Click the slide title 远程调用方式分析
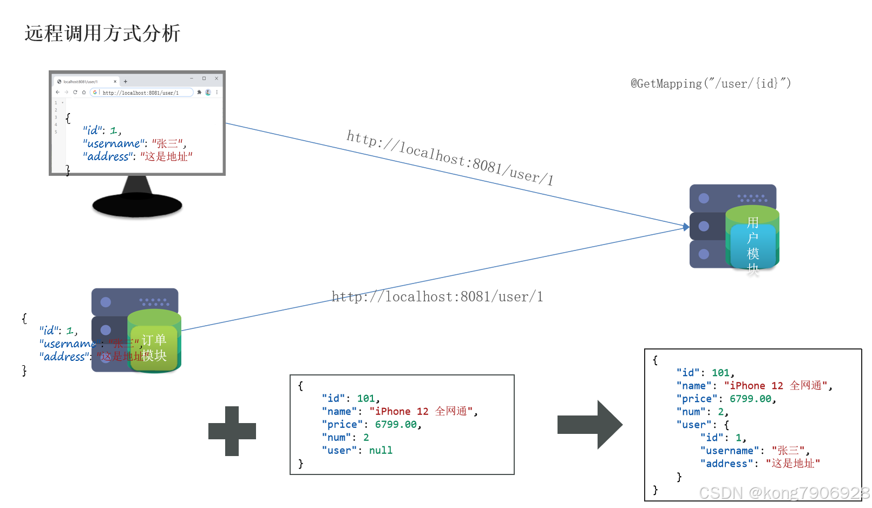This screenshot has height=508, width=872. coord(102,34)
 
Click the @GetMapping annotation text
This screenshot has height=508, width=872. coord(710,83)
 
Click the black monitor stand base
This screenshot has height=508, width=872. coord(137,206)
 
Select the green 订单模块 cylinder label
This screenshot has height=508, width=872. coord(154,348)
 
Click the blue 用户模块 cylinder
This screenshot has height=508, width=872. coord(752,245)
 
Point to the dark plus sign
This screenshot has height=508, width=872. coord(232,431)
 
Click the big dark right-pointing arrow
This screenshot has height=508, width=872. coord(590,425)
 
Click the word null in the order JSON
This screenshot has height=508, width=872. coord(381,451)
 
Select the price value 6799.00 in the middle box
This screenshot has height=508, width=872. coord(396,425)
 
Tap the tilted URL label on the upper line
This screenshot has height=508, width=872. coord(449,157)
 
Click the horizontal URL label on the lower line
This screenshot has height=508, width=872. coord(437,296)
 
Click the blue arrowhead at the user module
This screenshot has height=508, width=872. coord(686,227)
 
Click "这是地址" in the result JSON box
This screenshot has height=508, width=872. coord(792,464)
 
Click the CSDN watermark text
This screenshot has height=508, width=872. coord(783,493)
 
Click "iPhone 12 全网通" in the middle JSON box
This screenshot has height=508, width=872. coord(421,412)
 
